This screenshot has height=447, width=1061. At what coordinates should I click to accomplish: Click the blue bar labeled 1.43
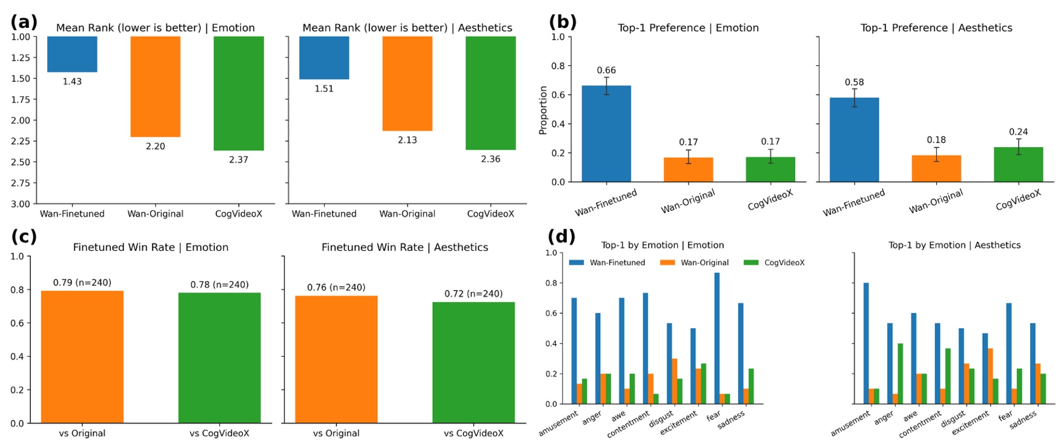[72, 54]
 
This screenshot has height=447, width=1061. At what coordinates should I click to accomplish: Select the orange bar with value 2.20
[155, 86]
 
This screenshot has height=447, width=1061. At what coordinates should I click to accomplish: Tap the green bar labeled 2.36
[491, 93]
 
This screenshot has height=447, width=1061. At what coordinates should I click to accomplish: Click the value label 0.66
[606, 70]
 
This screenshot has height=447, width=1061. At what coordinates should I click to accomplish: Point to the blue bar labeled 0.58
[854, 139]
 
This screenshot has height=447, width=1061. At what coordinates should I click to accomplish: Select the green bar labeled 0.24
[1018, 164]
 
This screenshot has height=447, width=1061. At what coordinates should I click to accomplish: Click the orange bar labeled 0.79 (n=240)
[82, 357]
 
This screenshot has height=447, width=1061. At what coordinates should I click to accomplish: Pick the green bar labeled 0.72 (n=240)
[474, 362]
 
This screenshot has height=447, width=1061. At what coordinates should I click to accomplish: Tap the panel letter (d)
[561, 236]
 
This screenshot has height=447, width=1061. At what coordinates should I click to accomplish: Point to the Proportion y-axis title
[543, 110]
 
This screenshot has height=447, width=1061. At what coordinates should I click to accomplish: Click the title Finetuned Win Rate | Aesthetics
[405, 247]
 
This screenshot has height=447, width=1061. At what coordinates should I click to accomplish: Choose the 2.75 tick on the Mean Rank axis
[20, 183]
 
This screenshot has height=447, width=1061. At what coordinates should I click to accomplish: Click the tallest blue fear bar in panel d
[717, 338]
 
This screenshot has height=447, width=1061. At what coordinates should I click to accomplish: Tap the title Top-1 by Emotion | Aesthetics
[954, 245]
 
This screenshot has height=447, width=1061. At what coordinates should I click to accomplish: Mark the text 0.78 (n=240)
[219, 285]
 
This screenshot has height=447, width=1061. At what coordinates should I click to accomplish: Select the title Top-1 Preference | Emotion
[688, 28]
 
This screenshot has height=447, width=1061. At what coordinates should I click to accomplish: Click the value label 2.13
[407, 140]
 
